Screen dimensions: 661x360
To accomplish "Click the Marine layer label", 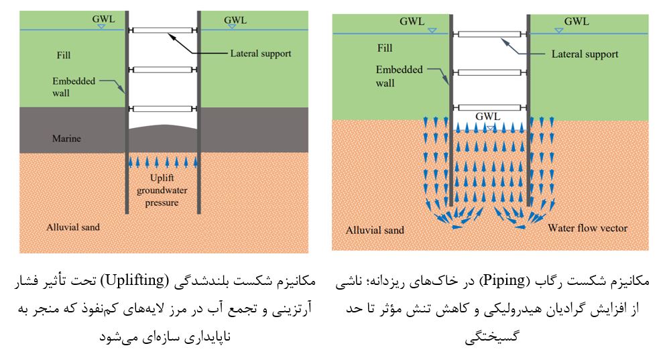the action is click(x=66, y=139).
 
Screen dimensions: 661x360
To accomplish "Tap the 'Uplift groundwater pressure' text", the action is click(x=162, y=190).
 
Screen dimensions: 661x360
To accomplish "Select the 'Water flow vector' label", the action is click(x=588, y=228).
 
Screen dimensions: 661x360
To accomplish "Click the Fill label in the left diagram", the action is click(x=64, y=55).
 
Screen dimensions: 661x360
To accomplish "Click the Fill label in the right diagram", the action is click(x=385, y=48).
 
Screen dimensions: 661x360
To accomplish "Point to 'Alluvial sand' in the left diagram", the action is click(x=73, y=227).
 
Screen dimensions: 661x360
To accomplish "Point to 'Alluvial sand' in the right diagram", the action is click(x=375, y=230).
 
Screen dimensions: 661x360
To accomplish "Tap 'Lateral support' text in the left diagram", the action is click(x=261, y=54).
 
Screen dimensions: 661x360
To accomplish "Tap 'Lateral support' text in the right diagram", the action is click(x=585, y=54).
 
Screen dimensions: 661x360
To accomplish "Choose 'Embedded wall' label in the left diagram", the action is click(x=74, y=87).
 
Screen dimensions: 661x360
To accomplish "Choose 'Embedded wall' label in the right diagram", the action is click(x=399, y=76).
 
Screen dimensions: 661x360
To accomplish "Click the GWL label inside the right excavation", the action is click(x=488, y=117).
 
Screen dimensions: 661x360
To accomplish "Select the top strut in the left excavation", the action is click(x=163, y=30).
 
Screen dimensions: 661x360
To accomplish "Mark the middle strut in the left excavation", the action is click(x=163, y=70).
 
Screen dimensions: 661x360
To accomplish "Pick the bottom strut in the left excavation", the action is click(x=163, y=109).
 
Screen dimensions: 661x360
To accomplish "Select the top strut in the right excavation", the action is click(x=490, y=34).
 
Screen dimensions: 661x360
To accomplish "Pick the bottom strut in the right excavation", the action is click(x=490, y=107).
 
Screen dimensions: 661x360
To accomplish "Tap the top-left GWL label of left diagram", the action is click(x=103, y=19).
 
